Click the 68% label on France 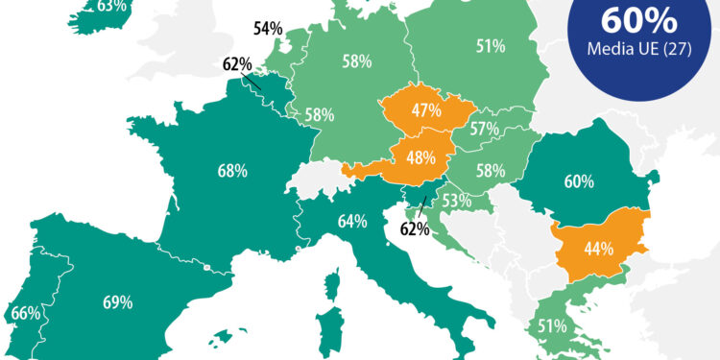[232, 171]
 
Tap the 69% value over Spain [116, 302]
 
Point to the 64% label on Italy [351, 222]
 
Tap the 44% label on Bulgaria [599, 248]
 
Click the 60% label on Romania [579, 180]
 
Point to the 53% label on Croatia [455, 201]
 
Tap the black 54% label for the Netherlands [268, 29]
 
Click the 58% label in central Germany [357, 60]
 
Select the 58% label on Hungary [490, 170]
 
